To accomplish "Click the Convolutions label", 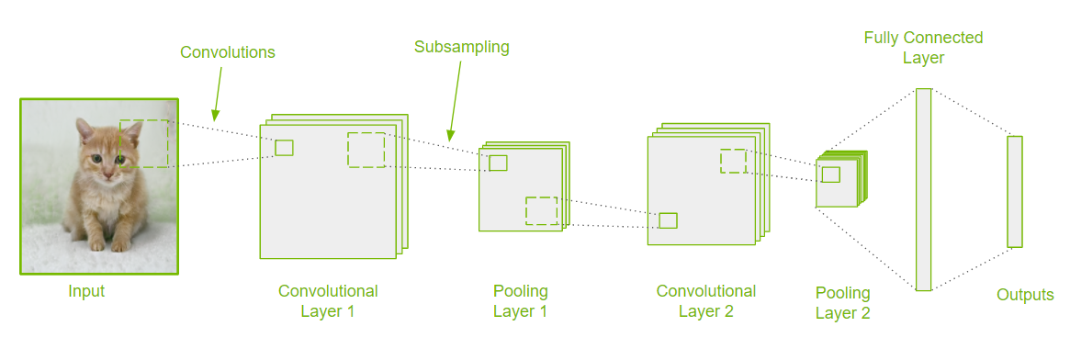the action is [x=228, y=52].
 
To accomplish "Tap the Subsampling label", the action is [x=462, y=48].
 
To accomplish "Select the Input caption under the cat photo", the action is [x=86, y=292].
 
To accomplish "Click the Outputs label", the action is [x=1025, y=295].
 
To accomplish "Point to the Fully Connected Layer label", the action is [x=923, y=48].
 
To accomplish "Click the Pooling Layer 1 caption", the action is [x=521, y=301].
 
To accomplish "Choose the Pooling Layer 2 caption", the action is [x=843, y=303].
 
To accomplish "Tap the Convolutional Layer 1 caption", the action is [x=328, y=301].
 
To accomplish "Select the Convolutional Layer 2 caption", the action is [x=706, y=300].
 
